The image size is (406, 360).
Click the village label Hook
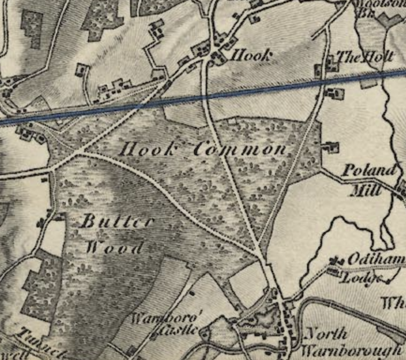click(252, 56)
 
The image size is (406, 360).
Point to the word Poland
click(369, 170)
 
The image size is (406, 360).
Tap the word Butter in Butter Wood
click(117, 222)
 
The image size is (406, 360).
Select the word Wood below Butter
click(114, 247)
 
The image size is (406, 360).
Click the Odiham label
click(375, 260)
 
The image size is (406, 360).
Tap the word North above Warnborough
click(326, 334)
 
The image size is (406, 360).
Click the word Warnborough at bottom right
click(352, 351)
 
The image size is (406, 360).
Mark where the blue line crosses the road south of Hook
click(205, 97)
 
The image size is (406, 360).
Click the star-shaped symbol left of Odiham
click(336, 261)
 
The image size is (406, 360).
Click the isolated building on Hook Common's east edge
click(331, 148)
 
